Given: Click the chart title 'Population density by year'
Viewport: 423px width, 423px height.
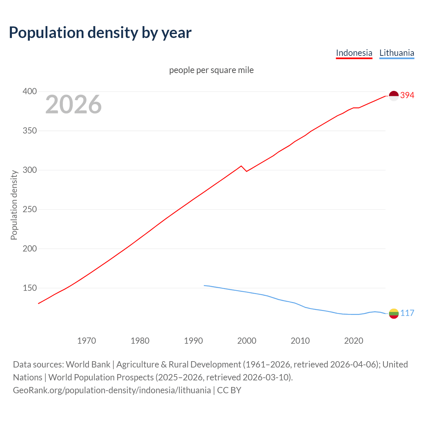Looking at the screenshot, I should pyautogui.click(x=100, y=32).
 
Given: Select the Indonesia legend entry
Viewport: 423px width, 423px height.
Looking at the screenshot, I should pyautogui.click(x=354, y=53).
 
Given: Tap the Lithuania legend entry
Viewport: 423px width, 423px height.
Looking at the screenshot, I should pyautogui.click(x=397, y=53).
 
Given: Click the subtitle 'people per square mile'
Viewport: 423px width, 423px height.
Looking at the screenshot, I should pyautogui.click(x=211, y=70).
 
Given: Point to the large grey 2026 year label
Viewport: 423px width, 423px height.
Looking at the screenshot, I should pyautogui.click(x=73, y=104).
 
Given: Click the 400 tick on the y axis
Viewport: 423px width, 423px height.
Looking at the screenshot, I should pyautogui.click(x=29, y=92).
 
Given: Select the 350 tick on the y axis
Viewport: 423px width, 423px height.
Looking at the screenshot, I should pyautogui.click(x=29, y=131).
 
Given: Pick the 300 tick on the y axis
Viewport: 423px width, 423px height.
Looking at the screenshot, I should pyautogui.click(x=29, y=170).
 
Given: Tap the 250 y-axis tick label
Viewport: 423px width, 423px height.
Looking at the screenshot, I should pyautogui.click(x=29, y=210).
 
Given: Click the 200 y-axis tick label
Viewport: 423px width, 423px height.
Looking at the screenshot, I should pyautogui.click(x=29, y=249).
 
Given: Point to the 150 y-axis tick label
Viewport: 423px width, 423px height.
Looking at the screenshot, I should pyautogui.click(x=29, y=288).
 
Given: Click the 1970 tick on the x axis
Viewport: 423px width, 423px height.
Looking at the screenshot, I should pyautogui.click(x=87, y=341).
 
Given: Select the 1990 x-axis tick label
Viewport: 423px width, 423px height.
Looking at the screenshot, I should pyautogui.click(x=193, y=341).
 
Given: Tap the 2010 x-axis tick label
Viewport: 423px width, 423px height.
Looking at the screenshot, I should pyautogui.click(x=300, y=341).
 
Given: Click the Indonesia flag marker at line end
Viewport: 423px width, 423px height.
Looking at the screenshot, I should pyautogui.click(x=394, y=96).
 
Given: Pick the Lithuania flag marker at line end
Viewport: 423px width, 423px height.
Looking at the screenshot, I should pyautogui.click(x=394, y=314).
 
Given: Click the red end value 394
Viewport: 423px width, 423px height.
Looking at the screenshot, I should pyautogui.click(x=407, y=96).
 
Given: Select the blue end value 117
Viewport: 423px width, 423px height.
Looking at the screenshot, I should pyautogui.click(x=407, y=313).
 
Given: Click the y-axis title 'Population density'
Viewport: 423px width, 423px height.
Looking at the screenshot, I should pyautogui.click(x=14, y=205).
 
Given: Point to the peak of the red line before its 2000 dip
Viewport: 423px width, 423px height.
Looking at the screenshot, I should pyautogui.click(x=241, y=166).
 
